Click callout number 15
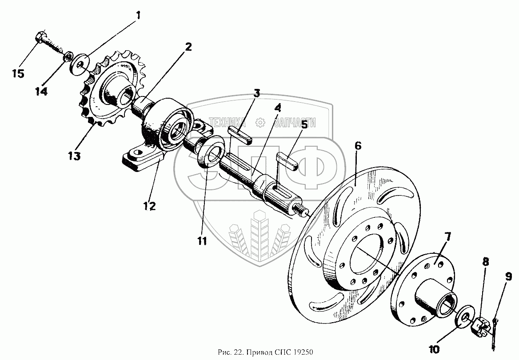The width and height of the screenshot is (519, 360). pyautogui.click(x=18, y=73)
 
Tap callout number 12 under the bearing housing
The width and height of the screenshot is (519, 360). pyautogui.click(x=149, y=206)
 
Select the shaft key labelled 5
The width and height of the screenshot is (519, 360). pyautogui.click(x=288, y=161)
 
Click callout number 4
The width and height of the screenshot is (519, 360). pyautogui.click(x=277, y=108)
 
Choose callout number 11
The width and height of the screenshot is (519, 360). pyautogui.click(x=202, y=241)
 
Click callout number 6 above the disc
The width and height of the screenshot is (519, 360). pyautogui.click(x=358, y=145)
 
